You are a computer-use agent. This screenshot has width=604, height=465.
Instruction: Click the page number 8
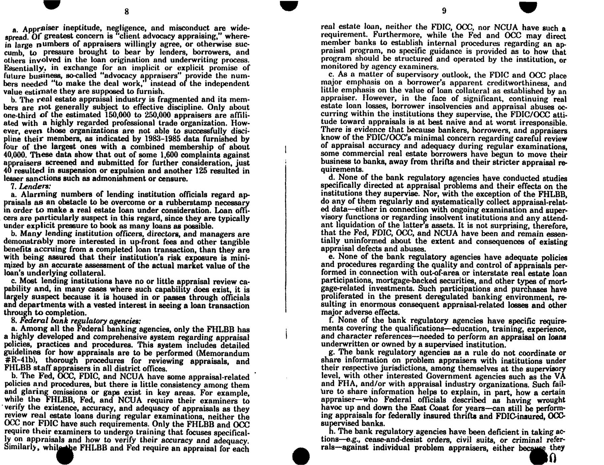(126, 11)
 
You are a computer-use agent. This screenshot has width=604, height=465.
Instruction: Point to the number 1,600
(169, 155)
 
